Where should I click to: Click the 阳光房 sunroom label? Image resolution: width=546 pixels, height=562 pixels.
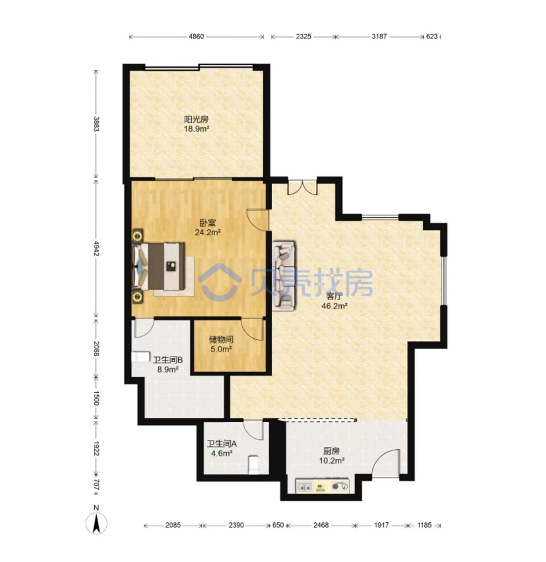(x=196, y=119)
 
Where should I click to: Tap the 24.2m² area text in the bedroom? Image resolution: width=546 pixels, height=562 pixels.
(x=207, y=232)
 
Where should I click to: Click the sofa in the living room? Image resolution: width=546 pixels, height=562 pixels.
(x=284, y=275)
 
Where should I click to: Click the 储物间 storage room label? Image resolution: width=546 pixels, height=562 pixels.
(x=221, y=339)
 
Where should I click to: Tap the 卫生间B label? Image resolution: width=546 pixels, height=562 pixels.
(x=168, y=360)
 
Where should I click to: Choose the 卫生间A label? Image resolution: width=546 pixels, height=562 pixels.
(x=222, y=444)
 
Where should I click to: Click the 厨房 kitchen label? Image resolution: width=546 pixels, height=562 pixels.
(x=331, y=451)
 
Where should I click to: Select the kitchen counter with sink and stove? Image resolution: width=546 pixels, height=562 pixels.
(x=322, y=486)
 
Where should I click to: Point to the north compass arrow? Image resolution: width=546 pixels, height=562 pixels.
(x=96, y=523)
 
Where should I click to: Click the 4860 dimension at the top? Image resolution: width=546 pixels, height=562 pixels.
(x=196, y=36)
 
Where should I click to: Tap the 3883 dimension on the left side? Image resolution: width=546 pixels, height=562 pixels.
(x=96, y=124)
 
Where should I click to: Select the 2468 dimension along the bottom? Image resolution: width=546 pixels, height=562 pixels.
(x=321, y=525)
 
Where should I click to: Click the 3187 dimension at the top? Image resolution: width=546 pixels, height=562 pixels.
(x=379, y=36)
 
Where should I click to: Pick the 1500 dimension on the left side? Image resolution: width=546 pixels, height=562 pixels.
(x=96, y=398)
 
